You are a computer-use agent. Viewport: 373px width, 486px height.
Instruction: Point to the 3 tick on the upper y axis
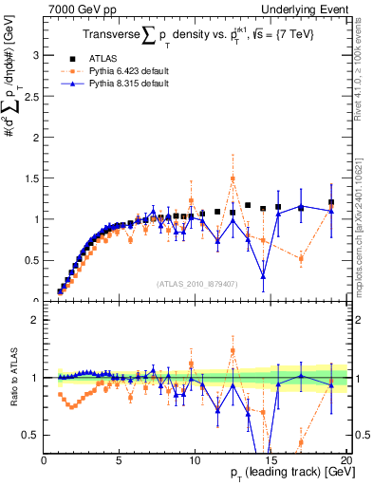36,55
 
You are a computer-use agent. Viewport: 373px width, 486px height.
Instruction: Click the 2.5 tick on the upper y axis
31,96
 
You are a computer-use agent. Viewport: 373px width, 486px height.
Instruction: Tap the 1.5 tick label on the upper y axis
31,178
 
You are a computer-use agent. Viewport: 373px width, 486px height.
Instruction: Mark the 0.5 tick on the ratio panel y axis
31,435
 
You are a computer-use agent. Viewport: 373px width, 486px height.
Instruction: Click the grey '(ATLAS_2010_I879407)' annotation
196,283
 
